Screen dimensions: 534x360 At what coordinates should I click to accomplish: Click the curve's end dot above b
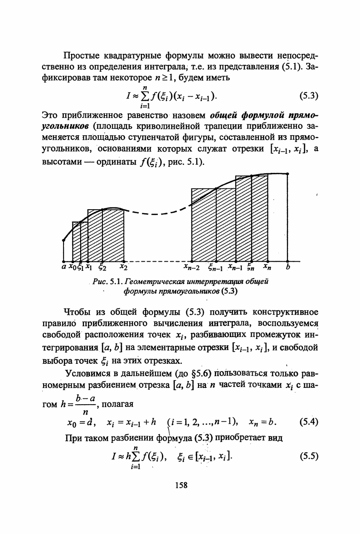tap(288, 174)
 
